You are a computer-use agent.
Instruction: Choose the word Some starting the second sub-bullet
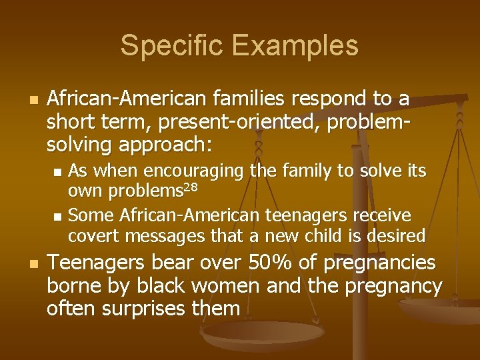(87, 215)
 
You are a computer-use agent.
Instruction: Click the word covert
(91, 235)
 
